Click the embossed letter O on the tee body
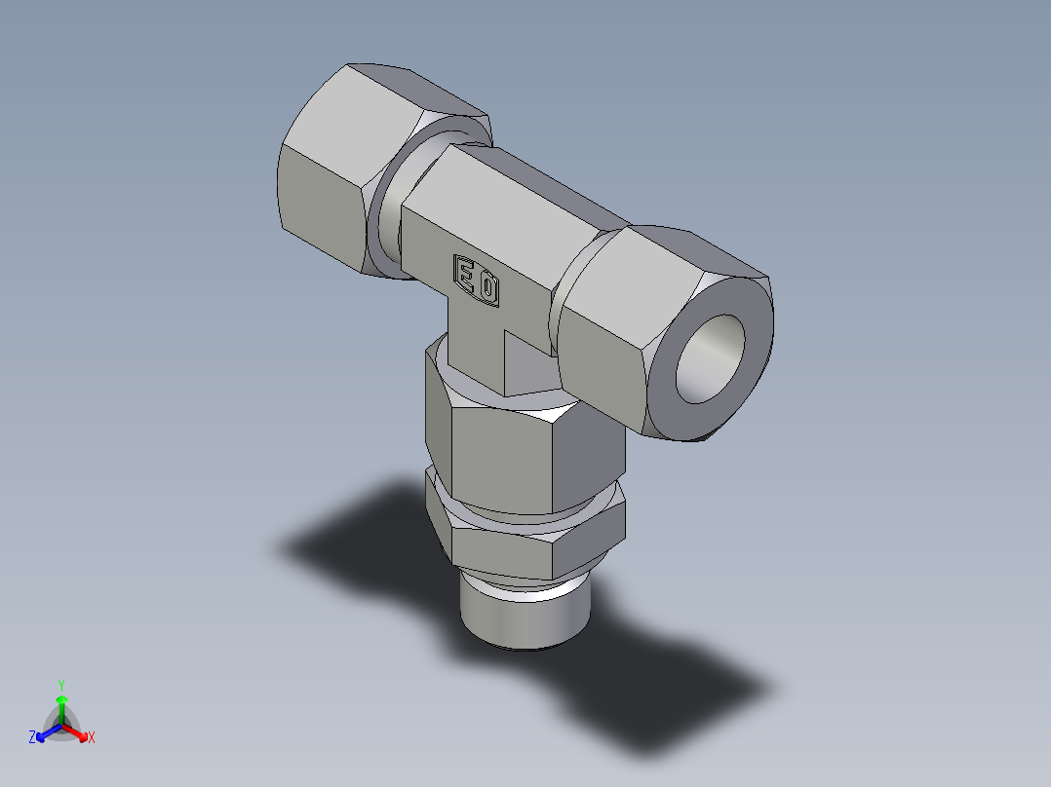pyautogui.click(x=489, y=288)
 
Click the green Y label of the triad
pyautogui.click(x=60, y=684)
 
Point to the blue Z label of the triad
pyautogui.click(x=32, y=738)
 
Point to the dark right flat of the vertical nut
pyautogui.click(x=590, y=458)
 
